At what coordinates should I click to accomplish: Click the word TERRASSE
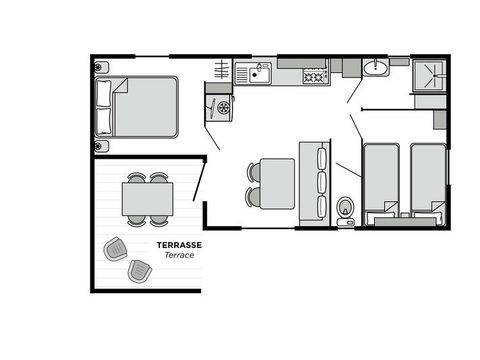(x=179, y=244)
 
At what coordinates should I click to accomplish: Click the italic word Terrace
(x=179, y=256)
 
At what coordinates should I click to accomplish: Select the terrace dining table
(x=148, y=198)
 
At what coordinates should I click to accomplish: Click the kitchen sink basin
(x=259, y=72)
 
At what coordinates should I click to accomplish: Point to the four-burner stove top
(x=314, y=74)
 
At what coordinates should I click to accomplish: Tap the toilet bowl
(x=345, y=209)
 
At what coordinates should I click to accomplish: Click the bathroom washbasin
(x=378, y=68)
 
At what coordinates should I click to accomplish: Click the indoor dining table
(x=276, y=183)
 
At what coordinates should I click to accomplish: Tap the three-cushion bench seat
(x=321, y=181)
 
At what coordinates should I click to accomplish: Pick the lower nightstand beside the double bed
(x=102, y=145)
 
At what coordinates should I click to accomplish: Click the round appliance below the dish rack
(x=219, y=106)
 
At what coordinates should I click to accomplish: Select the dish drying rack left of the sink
(x=222, y=71)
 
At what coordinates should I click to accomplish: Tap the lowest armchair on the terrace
(x=138, y=270)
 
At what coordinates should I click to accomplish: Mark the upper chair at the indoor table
(x=252, y=172)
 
